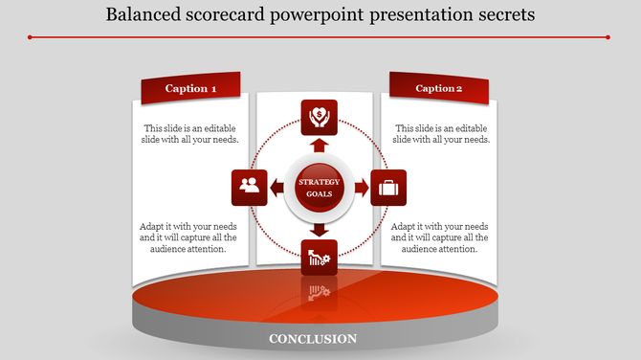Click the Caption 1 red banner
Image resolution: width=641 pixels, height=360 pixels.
(x=190, y=88)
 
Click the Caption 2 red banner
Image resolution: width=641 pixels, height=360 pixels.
(x=439, y=88)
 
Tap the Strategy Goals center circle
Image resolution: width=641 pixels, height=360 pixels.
(x=320, y=188)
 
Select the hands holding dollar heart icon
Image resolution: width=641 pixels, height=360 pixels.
(x=320, y=118)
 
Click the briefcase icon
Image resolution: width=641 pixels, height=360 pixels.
(x=388, y=188)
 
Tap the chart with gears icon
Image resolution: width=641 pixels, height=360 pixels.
(x=320, y=258)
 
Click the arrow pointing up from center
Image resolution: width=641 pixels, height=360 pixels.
(x=320, y=146)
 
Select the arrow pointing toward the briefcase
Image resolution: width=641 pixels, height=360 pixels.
(x=361, y=188)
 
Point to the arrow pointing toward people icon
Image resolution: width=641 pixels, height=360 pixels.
(x=277, y=188)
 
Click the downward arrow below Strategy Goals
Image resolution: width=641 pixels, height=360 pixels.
(x=320, y=229)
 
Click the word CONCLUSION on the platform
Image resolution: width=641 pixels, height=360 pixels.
(x=313, y=339)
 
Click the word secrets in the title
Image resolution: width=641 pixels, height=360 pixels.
(x=500, y=15)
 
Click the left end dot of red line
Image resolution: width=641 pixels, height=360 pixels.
(x=31, y=37)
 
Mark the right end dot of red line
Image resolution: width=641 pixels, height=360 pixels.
(x=608, y=37)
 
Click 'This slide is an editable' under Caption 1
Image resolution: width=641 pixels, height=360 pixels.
(x=190, y=128)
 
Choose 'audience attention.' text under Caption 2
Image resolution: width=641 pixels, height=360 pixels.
(x=439, y=249)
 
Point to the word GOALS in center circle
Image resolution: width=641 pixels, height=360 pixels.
(x=320, y=195)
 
